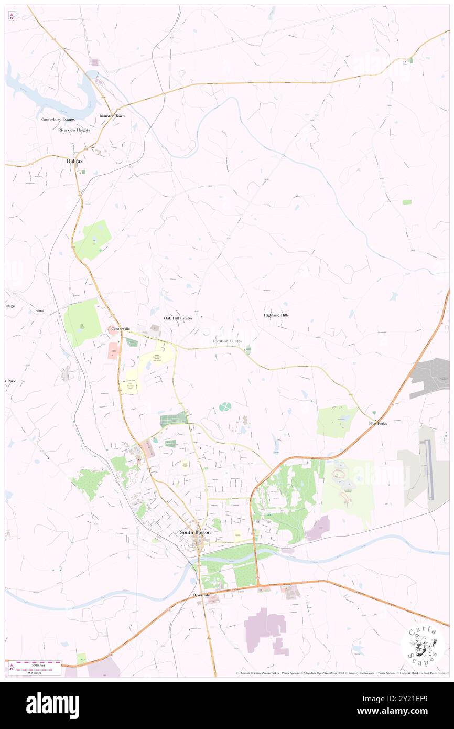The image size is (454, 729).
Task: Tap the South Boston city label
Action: (195, 532)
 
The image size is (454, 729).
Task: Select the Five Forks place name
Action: (377, 423)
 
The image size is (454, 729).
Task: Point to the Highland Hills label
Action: (276, 315)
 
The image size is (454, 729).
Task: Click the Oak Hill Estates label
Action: (178, 318)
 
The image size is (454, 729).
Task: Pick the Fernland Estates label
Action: (227, 341)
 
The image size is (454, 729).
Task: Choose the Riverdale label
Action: (201, 595)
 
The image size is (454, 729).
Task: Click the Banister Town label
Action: (112, 116)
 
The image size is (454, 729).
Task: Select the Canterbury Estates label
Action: (58, 119)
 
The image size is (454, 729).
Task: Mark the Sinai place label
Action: (40, 311)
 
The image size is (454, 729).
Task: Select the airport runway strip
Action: (429, 470)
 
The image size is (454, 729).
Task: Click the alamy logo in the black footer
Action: (52, 705)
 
